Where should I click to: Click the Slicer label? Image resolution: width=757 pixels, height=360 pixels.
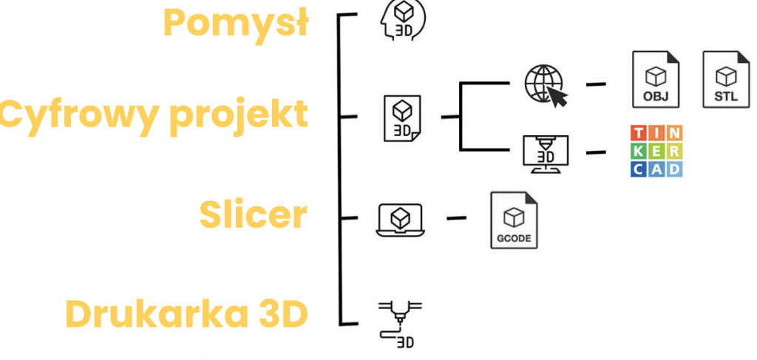point(253,214)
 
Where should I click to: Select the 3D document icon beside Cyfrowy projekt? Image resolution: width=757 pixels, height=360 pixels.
point(401,118)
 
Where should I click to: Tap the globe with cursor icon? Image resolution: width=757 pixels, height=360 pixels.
point(545,84)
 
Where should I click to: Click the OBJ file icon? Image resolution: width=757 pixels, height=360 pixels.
point(655,80)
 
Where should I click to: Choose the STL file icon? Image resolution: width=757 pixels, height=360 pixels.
point(726,80)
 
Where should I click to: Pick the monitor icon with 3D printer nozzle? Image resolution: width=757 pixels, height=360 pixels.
point(545,153)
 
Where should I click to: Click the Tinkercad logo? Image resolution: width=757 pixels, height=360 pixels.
point(656,152)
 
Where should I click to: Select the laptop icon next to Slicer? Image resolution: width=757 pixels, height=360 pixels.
point(400,220)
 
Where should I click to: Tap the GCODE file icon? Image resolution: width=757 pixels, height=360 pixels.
point(514,220)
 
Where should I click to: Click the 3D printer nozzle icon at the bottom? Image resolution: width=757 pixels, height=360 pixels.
point(400,323)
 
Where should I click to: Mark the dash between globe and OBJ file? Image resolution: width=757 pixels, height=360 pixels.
point(596,84)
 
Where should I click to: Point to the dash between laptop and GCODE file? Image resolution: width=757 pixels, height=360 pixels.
point(457,218)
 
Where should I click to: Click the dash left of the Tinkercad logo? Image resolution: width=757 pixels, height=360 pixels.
point(596,153)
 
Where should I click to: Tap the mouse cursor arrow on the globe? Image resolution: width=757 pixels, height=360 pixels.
point(558,97)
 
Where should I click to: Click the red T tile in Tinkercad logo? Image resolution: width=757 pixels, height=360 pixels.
point(638,133)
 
